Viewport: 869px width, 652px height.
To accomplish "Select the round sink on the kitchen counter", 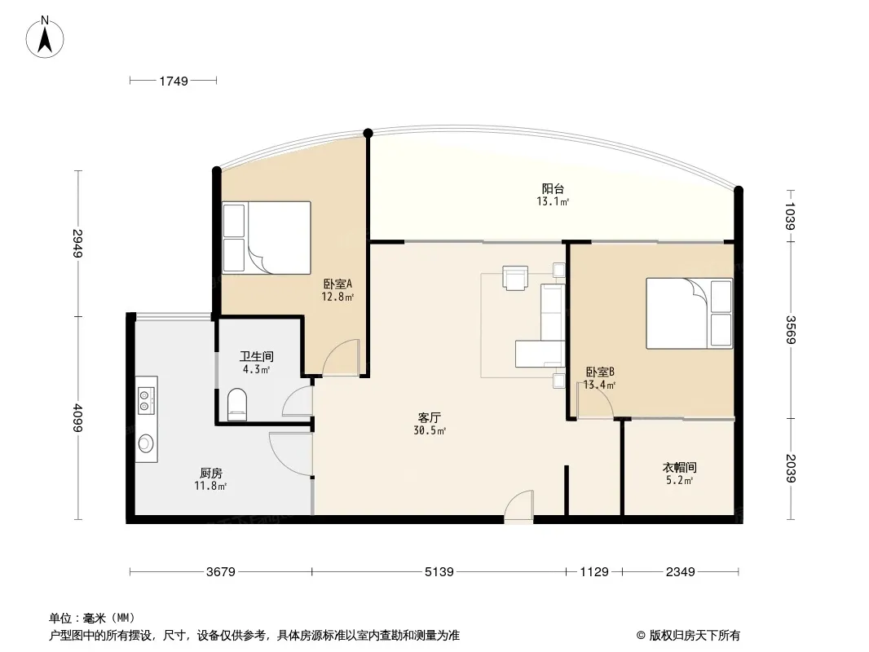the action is pos(146,443).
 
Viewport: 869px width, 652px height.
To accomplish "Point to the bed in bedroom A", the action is pos(267,238).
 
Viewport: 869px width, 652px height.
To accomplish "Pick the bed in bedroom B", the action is pos(689,313).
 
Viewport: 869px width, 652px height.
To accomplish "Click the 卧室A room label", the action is pos(337,284).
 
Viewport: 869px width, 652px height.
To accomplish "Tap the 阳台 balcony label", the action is pos(553,188).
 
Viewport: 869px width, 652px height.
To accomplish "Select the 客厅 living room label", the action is pos(430,417).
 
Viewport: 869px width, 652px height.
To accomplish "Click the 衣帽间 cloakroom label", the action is pos(679,467).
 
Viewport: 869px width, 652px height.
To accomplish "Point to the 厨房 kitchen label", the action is pos(210,473).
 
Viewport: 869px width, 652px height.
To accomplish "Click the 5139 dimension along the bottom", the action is pos(439,571).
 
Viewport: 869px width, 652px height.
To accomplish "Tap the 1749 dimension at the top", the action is pos(174,81).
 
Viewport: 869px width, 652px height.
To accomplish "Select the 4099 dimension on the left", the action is pos(78,418).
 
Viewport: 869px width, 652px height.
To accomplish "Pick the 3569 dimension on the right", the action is pos(791,329).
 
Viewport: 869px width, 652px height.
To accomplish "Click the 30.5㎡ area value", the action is pos(430,430).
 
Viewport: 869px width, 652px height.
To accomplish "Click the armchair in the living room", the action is pos(515,277).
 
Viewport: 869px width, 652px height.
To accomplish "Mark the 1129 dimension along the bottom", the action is pos(594,571).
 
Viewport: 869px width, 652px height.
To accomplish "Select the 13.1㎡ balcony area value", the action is pos(553,201).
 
